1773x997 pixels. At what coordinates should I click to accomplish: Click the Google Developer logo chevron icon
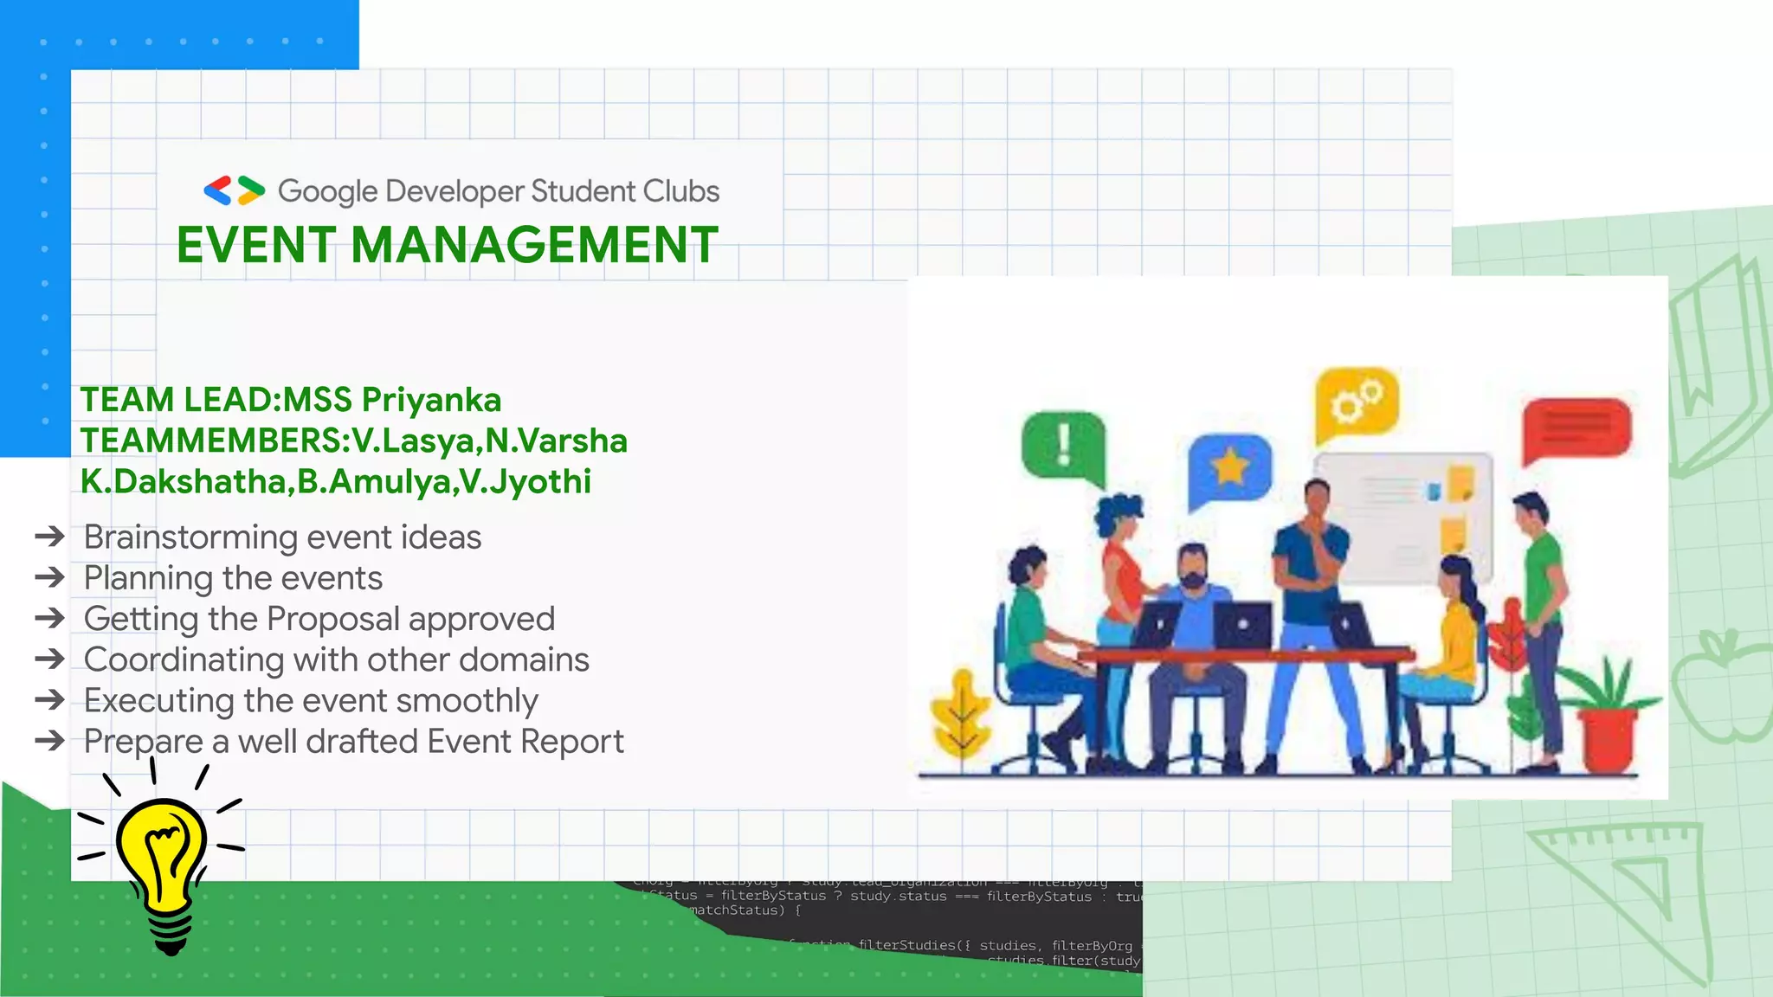click(x=234, y=190)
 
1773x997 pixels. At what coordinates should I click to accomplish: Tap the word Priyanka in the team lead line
click(x=431, y=400)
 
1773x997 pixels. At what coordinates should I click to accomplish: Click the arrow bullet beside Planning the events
click(x=50, y=577)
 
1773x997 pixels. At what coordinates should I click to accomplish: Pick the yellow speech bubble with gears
click(x=1357, y=403)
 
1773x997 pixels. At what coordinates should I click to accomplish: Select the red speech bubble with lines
click(x=1576, y=428)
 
